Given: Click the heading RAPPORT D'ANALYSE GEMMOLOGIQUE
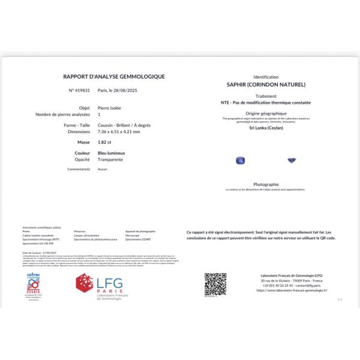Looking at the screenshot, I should (x=114, y=76).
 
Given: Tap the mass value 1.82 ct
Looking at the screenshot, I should (x=105, y=143).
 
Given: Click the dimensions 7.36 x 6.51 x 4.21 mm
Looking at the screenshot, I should (x=119, y=131).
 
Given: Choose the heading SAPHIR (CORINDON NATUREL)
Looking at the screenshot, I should (x=266, y=85).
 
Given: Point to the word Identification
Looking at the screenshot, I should (x=266, y=77).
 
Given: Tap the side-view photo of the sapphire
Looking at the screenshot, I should (x=292, y=159).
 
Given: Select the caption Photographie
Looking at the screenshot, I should (x=266, y=184).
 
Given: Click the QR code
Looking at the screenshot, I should (x=215, y=284).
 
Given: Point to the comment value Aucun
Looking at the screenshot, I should (x=102, y=169).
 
